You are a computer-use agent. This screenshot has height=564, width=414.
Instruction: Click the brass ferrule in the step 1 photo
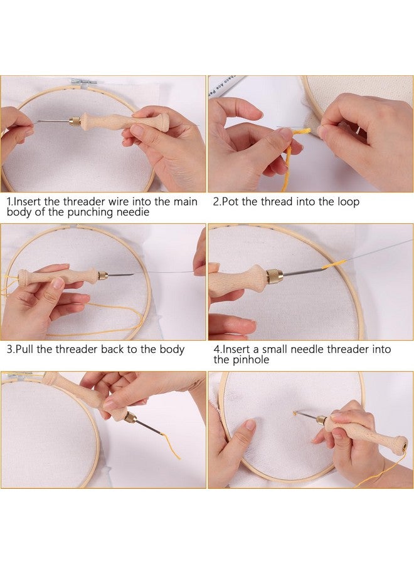coord(74,120)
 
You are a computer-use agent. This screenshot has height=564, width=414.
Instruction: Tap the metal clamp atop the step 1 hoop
coord(82,82)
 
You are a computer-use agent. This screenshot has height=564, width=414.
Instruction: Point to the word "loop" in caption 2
coord(348,202)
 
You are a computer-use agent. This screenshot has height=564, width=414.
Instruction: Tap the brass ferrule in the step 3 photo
coord(102,274)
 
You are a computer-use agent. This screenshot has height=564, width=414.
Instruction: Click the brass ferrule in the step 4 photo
coord(274,276)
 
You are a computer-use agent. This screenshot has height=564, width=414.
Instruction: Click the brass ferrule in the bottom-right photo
coord(321,419)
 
